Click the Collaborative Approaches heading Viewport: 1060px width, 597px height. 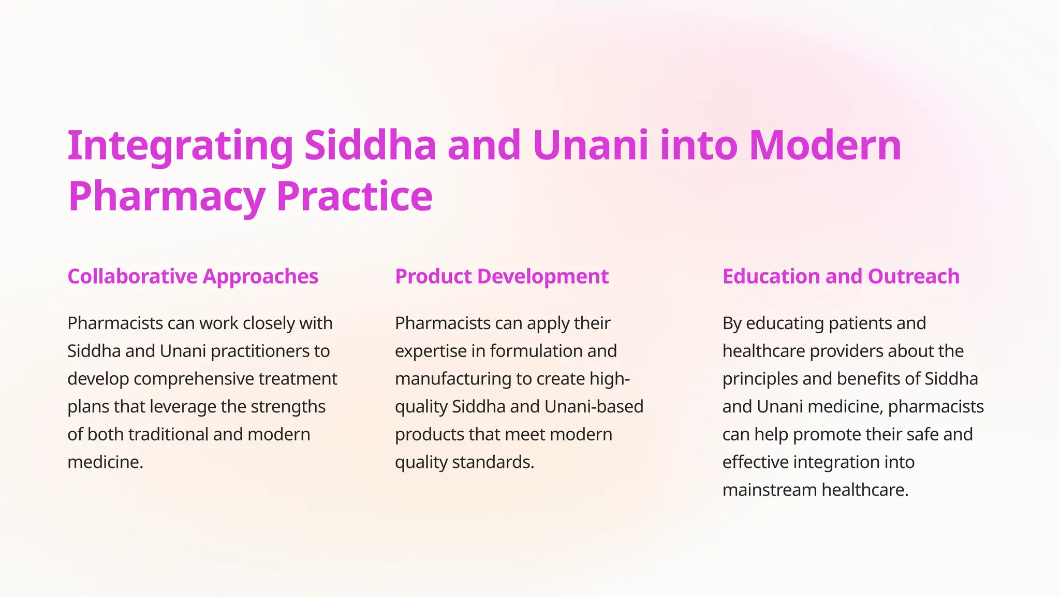click(x=193, y=277)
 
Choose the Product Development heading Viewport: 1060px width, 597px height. click(x=502, y=277)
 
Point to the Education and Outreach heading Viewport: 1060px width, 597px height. click(x=841, y=277)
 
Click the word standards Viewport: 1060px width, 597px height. click(x=493, y=462)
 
